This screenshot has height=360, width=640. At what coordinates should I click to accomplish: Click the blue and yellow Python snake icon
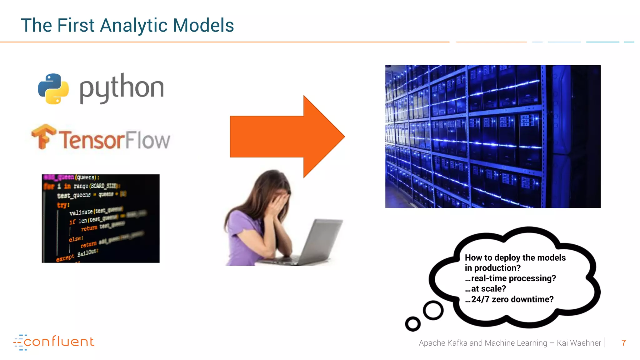pyautogui.click(x=53, y=89)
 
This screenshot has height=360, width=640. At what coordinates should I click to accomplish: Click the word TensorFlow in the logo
pyautogui.click(x=114, y=140)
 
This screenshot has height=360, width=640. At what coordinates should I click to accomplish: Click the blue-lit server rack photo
pyautogui.click(x=492, y=137)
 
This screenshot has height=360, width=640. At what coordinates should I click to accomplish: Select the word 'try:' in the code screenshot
pyautogui.click(x=63, y=205)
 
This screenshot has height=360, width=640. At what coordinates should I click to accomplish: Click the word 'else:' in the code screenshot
pyautogui.click(x=76, y=239)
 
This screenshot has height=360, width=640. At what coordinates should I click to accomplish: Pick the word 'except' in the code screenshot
pyautogui.click(x=65, y=258)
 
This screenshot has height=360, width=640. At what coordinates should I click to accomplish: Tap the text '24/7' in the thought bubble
pyautogui.click(x=480, y=299)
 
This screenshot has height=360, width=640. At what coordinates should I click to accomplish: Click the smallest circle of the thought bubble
pyautogui.click(x=412, y=324)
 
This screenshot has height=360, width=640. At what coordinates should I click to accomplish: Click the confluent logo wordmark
pyautogui.click(x=58, y=342)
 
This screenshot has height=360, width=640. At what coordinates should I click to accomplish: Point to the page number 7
pyautogui.click(x=623, y=343)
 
